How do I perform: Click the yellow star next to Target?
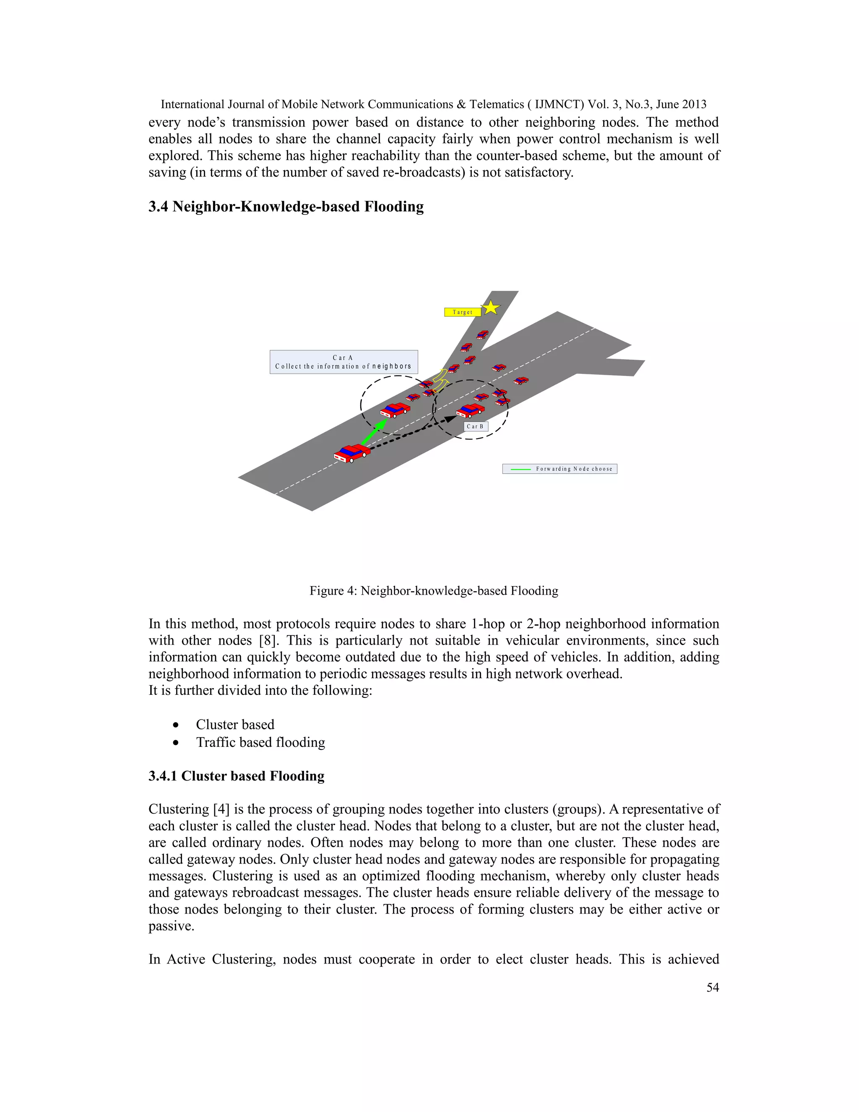(491, 308)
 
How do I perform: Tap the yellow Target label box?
(462, 312)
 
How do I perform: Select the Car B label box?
(475, 426)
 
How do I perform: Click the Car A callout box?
(344, 362)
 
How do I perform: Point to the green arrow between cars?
(374, 432)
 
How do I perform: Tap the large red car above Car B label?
(470, 410)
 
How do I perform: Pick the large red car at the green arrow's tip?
(395, 410)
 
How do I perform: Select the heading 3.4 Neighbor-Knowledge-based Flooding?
(286, 207)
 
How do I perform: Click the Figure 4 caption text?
(434, 591)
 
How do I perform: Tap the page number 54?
(713, 988)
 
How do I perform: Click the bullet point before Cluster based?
(176, 725)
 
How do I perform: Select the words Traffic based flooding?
(260, 742)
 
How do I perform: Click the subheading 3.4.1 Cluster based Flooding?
(236, 776)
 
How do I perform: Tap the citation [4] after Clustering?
(221, 809)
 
